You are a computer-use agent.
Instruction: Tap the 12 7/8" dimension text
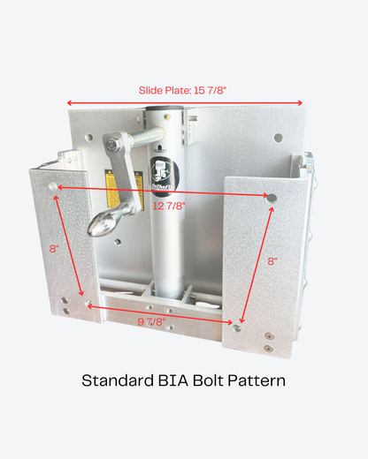(x=169, y=206)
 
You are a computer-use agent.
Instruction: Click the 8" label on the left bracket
(x=55, y=249)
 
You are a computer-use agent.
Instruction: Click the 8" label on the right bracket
(x=272, y=261)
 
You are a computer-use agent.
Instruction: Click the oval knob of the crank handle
(x=104, y=226)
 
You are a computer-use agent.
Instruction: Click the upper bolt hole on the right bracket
(x=272, y=198)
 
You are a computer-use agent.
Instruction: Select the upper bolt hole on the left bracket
(x=54, y=188)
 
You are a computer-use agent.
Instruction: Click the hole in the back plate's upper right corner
(x=278, y=138)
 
